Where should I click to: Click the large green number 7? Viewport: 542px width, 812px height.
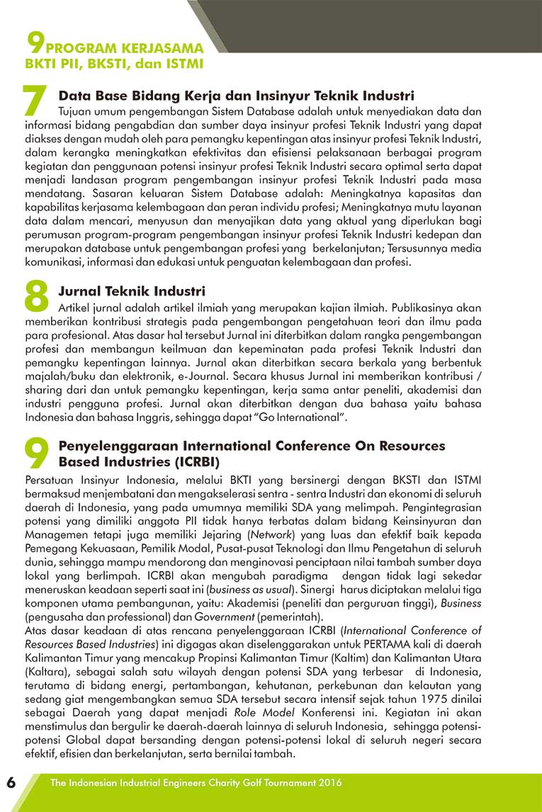coord(35,101)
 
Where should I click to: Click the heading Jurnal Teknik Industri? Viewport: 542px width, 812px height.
coord(132,291)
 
